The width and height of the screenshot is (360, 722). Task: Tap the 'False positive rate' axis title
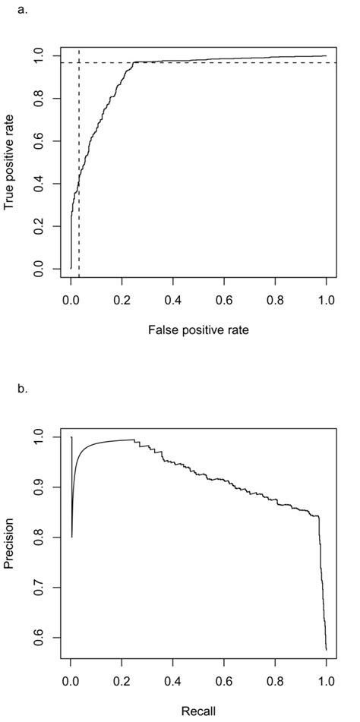click(199, 330)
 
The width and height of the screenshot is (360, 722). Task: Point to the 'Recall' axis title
click(199, 712)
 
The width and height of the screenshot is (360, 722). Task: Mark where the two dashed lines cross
click(79, 62)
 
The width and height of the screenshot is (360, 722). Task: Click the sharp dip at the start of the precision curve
click(72, 537)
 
